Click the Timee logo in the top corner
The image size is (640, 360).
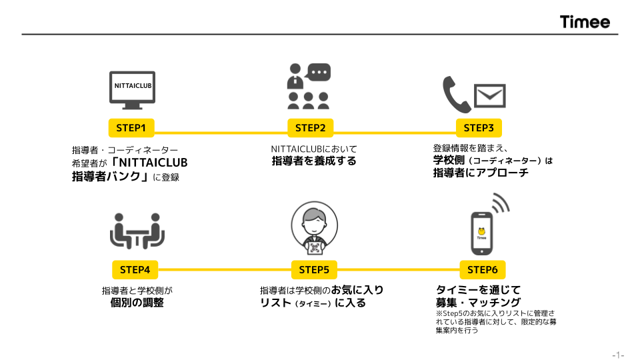pos(585,21)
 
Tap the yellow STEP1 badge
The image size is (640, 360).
pos(131,128)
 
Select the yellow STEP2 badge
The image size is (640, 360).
pos(310,128)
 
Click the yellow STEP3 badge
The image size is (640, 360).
pos(479,128)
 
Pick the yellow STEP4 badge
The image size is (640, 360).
pos(135,270)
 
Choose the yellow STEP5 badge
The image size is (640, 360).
pos(314,270)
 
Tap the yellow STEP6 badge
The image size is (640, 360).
pos(483,270)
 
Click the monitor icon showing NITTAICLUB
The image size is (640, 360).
pos(132,90)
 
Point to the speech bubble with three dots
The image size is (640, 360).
pos(318,72)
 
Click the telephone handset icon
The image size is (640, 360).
pos(456,94)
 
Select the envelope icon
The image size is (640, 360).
pos(490,96)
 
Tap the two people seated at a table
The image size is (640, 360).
pos(137,231)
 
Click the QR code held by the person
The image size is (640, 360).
pos(314,248)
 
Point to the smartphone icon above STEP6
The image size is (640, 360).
pos(482,233)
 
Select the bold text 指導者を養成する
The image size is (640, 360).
pos(314,161)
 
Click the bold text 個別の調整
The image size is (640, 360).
pos(137,303)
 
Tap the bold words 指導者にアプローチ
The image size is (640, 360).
pos(481,173)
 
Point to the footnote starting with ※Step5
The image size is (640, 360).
pos(496,321)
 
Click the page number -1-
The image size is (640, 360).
pos(619,355)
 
